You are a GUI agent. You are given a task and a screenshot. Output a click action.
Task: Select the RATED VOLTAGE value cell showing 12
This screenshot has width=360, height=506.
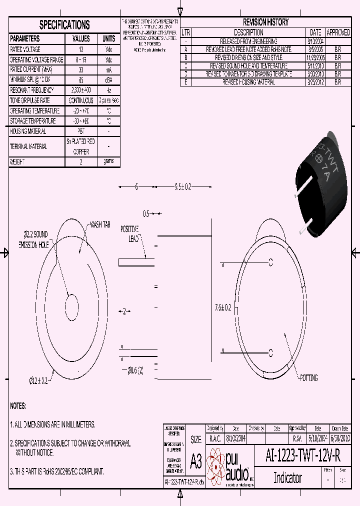[x=81, y=49]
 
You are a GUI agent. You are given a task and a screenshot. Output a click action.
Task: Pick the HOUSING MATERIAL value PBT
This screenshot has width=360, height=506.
[x=81, y=131]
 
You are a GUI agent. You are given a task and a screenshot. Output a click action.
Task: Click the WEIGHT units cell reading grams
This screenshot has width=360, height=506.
[x=108, y=161]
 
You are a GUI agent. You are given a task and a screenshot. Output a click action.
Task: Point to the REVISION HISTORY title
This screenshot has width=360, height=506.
[x=265, y=22]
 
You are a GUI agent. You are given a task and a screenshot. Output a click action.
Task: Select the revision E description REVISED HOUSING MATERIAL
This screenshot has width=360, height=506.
[x=248, y=82]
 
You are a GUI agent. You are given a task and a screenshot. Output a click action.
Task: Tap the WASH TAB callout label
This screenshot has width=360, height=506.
[x=99, y=225]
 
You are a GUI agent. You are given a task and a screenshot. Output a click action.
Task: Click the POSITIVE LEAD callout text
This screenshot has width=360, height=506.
[x=130, y=233]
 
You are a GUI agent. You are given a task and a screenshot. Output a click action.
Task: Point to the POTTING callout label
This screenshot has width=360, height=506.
[x=308, y=378]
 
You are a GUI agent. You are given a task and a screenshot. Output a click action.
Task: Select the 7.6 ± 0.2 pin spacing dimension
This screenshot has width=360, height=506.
[x=222, y=307]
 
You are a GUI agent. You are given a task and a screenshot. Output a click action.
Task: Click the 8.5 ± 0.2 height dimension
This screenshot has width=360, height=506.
[x=183, y=187]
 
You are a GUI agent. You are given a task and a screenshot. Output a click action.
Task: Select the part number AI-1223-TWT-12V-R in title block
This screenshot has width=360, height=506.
[x=303, y=455]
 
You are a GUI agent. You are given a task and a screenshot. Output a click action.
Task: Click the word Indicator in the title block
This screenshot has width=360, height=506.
[x=287, y=477]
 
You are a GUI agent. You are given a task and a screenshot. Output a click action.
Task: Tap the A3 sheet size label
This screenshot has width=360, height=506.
[x=196, y=461]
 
